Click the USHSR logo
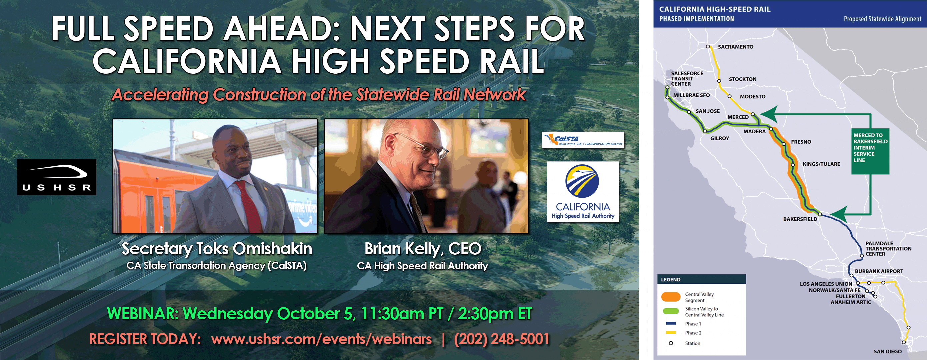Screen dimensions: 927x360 pyautogui.click(x=56, y=177)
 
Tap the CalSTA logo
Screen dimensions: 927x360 pyautogui.click(x=583, y=140)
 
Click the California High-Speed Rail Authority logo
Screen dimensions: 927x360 pyautogui.click(x=583, y=192)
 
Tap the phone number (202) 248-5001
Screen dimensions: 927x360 pyautogui.click(x=502, y=339)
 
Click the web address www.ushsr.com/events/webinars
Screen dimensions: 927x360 pyautogui.click(x=321, y=339)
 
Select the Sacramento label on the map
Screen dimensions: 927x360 pyautogui.click(x=736, y=47)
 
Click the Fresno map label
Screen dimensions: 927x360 pyautogui.click(x=801, y=142)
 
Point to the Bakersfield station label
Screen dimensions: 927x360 pyautogui.click(x=800, y=219)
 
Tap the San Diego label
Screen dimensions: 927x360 pyautogui.click(x=888, y=351)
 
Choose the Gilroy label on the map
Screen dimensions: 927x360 pyautogui.click(x=720, y=138)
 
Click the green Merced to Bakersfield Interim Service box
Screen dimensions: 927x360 pyautogui.click(x=870, y=151)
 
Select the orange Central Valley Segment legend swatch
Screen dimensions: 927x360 pyautogui.click(x=671, y=297)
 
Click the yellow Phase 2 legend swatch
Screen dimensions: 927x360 pyautogui.click(x=671, y=333)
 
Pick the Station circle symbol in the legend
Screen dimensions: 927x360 pyautogui.click(x=671, y=343)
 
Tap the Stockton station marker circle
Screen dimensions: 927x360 pyautogui.click(x=719, y=81)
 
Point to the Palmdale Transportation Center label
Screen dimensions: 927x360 pyautogui.click(x=888, y=249)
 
